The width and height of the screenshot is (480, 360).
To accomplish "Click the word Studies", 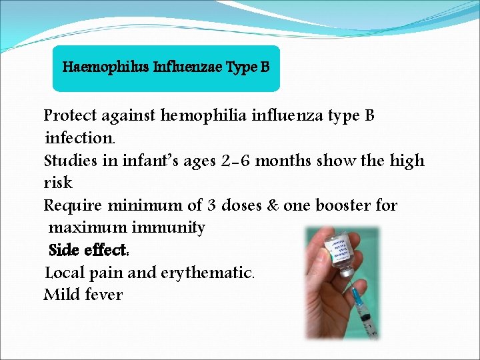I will (70, 161).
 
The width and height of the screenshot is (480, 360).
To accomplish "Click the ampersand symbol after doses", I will (273, 205).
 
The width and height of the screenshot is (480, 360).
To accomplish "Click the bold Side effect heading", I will (89, 251).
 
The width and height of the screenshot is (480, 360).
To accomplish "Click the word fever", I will (103, 295).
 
